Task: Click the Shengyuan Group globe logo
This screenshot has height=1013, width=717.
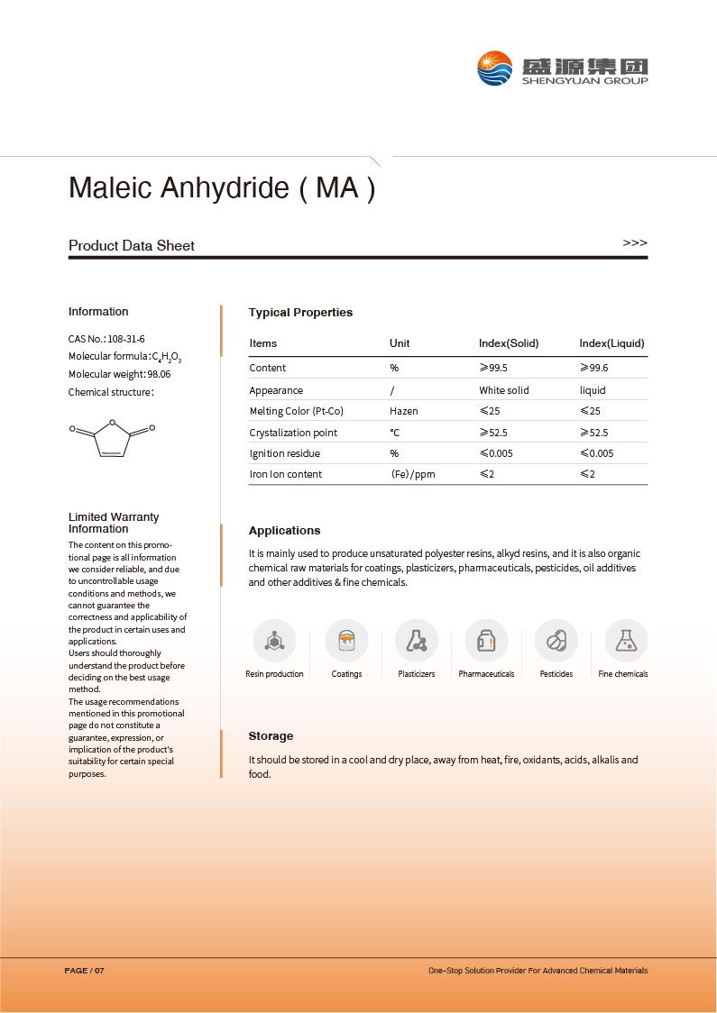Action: pos(495,68)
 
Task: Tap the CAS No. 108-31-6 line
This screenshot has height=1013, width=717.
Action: pos(106,339)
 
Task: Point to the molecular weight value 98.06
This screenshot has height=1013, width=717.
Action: pos(159,374)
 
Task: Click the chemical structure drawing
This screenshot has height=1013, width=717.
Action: pos(113,437)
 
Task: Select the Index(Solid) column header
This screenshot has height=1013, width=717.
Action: pos(509,343)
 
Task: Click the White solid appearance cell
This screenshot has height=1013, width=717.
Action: pos(504,390)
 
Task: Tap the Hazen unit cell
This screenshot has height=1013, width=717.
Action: pos(404,411)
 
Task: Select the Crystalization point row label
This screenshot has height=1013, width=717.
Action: pos(293,433)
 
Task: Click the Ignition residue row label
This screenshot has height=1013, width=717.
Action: pos(285,453)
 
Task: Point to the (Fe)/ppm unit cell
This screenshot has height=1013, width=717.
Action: pos(413,474)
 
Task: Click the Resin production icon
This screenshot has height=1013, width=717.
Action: pos(274,641)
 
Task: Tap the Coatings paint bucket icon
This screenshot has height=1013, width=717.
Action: pos(346,641)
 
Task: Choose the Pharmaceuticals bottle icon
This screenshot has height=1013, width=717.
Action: pos(486,641)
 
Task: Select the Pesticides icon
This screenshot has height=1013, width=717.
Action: pos(556,641)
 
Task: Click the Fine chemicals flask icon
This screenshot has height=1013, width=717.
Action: pos(625,641)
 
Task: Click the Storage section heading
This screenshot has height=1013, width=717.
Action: pos(271,736)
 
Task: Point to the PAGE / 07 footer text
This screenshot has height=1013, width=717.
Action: pos(85,971)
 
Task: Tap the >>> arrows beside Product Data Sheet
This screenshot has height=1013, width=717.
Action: pos(635,243)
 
